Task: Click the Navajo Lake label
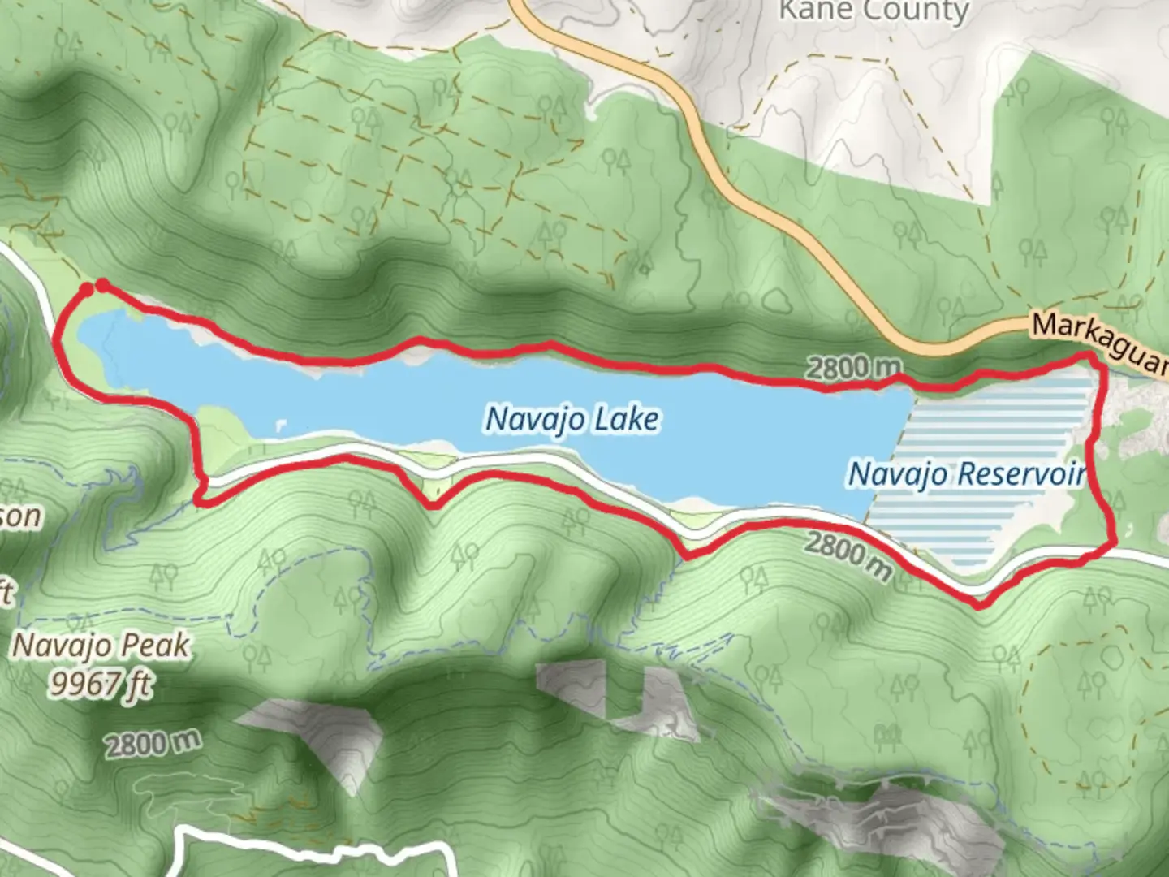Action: coord(572,419)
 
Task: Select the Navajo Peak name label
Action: coord(102,646)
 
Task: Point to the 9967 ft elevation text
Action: coord(99,685)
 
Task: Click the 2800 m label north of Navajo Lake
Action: coord(852,368)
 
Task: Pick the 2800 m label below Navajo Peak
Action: coord(152,743)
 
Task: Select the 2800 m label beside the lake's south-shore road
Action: coord(848,555)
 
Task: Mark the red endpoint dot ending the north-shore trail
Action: coord(102,284)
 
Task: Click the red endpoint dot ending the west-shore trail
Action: coord(86,288)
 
